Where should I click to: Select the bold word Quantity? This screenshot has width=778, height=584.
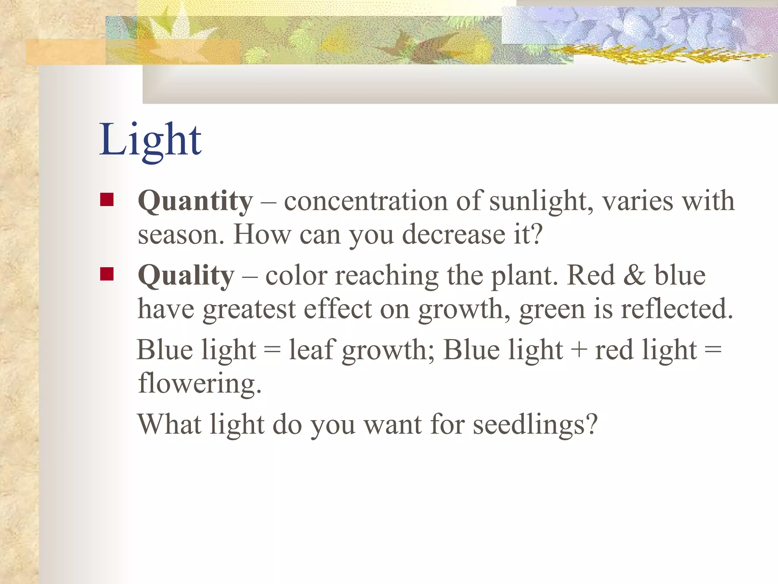click(x=195, y=201)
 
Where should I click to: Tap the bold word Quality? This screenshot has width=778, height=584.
click(x=186, y=275)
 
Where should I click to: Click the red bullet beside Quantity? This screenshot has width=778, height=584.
click(x=107, y=200)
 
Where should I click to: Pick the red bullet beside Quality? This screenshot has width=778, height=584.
click(x=107, y=274)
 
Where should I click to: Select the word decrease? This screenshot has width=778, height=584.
click(x=454, y=235)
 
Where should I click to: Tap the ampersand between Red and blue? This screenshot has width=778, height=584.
click(x=634, y=275)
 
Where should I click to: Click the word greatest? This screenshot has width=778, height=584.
click(x=249, y=309)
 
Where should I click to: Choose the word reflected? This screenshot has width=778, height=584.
click(x=676, y=309)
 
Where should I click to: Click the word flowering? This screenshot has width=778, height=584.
click(x=199, y=383)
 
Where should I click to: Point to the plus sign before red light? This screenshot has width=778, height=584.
click(x=579, y=350)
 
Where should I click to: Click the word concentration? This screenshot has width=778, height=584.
click(x=366, y=201)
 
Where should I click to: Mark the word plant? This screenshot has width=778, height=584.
click(x=524, y=276)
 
